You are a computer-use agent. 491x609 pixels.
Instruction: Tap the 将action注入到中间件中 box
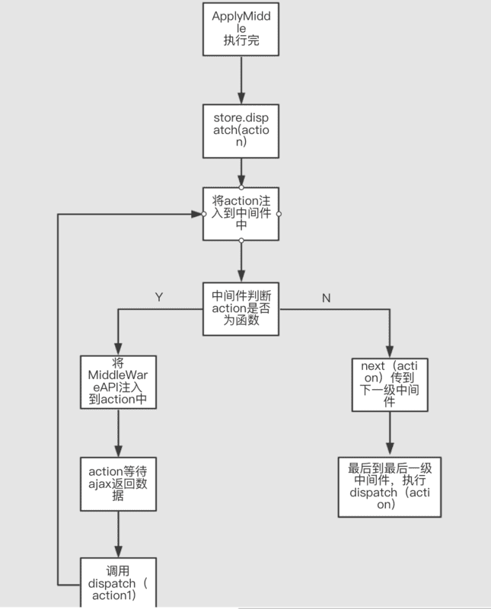coord(241,214)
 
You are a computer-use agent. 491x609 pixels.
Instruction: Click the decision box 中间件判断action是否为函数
coord(241,308)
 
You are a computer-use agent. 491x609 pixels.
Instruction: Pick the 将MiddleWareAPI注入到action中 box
coord(118,381)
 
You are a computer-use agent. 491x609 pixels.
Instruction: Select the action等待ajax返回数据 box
coord(118,483)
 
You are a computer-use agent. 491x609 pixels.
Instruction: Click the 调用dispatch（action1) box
coord(118,582)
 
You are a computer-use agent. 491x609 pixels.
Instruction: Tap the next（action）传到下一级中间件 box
coord(388,384)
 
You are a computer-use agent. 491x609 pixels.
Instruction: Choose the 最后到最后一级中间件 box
coord(388,487)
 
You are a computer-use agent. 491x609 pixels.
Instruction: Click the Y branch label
coord(158,297)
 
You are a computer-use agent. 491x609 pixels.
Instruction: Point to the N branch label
coord(326,298)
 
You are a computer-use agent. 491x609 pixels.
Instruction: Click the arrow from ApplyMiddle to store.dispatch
coord(241,80)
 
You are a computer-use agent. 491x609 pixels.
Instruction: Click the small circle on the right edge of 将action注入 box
coord(279,214)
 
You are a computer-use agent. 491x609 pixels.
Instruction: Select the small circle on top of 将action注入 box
coord(241,187)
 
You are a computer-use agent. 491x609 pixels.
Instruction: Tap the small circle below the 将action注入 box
coord(241,241)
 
